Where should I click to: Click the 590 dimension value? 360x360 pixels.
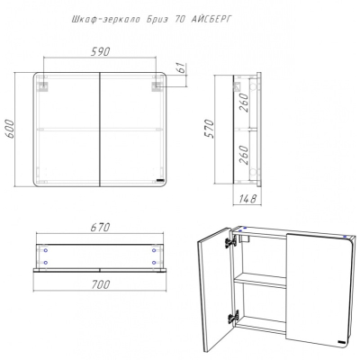coord(100,51)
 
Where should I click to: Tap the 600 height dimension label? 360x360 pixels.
coord(10,129)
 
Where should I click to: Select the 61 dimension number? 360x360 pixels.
coord(181,68)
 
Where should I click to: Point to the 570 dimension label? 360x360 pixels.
coord(210,129)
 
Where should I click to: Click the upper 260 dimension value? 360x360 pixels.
coord(244,103)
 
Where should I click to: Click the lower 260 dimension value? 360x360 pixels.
coord(244,155)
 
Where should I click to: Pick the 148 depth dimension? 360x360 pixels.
coord(247,198)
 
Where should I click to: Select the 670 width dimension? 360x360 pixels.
coord(100,227)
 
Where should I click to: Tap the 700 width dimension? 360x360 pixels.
coord(100,284)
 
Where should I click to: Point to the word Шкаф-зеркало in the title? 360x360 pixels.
coord(106,20)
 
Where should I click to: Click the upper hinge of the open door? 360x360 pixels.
coord(229,241)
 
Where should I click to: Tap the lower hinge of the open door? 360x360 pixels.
coord(232,316)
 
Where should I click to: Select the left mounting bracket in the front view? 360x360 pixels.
coord(43,86)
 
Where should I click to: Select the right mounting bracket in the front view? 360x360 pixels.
coord(157,86)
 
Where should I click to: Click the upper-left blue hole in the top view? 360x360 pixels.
coord(46,250)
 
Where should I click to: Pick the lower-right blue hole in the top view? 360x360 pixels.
coord(154,263)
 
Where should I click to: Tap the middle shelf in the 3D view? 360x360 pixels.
coord(260,282)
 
